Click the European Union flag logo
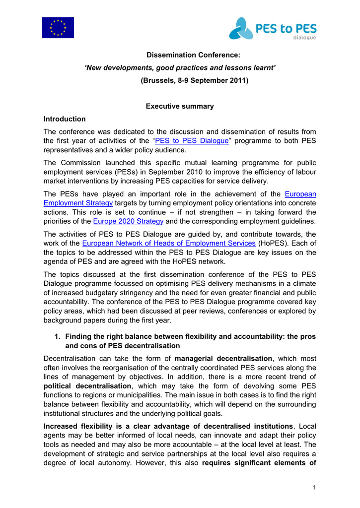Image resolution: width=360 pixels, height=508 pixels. (58, 28)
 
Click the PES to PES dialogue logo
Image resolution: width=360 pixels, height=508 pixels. (272, 28)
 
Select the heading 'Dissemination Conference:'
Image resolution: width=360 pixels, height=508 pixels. (180, 54)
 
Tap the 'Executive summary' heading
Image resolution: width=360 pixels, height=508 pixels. (180, 106)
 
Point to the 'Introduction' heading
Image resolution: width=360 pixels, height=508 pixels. (65, 119)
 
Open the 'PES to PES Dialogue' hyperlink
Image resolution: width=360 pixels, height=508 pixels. (192, 141)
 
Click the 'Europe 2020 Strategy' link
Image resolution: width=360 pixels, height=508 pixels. (128, 221)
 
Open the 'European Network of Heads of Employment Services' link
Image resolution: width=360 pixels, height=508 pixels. (169, 243)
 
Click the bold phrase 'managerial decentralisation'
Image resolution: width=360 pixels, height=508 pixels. (223, 358)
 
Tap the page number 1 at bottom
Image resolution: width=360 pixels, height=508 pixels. (314, 488)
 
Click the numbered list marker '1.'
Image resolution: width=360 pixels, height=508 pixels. (58, 336)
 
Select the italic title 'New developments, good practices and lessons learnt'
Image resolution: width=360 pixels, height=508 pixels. (180, 67)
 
